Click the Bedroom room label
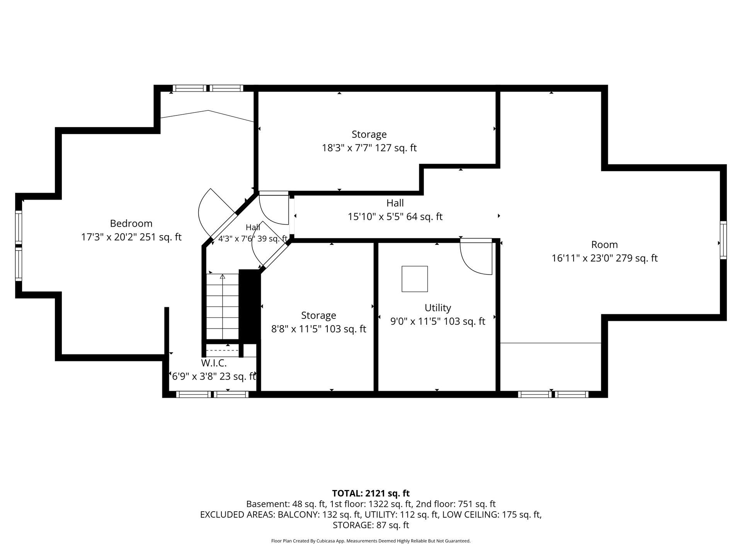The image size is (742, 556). pos(131,223)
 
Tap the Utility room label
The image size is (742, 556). pos(438,308)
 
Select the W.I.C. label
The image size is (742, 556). pos(214,363)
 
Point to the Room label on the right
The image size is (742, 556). pos(604,244)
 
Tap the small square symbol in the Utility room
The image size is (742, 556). pos(415,279)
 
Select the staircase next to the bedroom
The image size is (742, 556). pos(223,306)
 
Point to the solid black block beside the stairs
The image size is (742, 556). pos(250,306)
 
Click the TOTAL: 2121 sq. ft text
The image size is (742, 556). pos(371,493)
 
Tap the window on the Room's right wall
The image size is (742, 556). pos(723,240)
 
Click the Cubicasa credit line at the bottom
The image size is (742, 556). pos(371,541)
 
